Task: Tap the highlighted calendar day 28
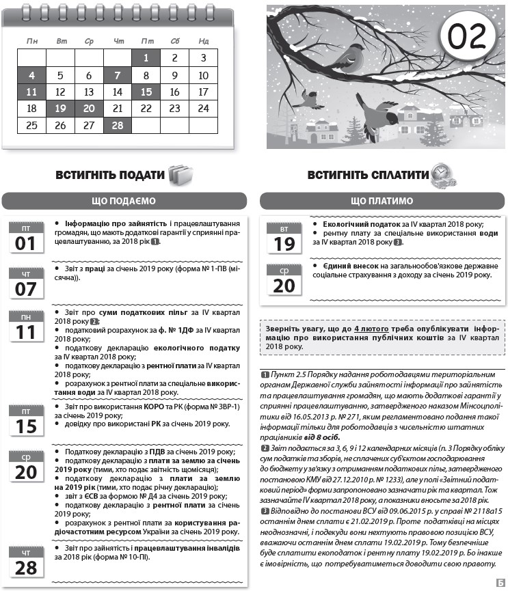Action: [x=118, y=125]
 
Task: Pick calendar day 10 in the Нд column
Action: [x=203, y=75]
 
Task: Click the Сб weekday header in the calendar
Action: [x=174, y=41]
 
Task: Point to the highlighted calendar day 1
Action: [x=146, y=58]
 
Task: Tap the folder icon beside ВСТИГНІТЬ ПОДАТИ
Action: [x=181, y=175]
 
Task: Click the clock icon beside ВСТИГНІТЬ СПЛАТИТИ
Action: [x=443, y=176]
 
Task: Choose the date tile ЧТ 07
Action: [x=25, y=283]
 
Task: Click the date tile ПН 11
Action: [x=25, y=326]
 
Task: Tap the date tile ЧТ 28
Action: [x=25, y=562]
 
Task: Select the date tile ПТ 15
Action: [x=25, y=420]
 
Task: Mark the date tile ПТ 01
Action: [x=25, y=238]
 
